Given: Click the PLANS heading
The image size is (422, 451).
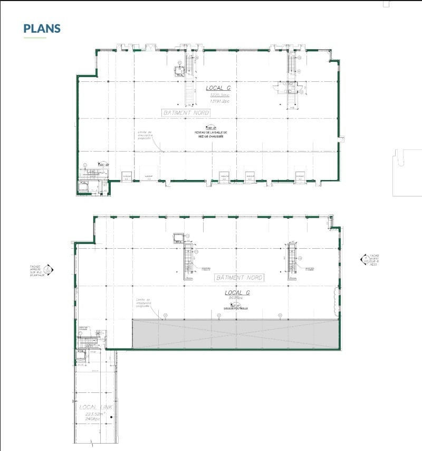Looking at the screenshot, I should click(42, 29).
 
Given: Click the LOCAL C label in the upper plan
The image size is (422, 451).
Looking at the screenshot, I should click(218, 88).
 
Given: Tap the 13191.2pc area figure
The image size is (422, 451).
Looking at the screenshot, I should click(220, 100).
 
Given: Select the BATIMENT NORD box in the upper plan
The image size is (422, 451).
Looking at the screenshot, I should click(185, 113).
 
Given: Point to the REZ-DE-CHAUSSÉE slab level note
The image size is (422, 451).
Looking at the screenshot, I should click(210, 134).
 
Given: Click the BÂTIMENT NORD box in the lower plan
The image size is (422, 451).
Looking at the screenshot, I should click(238, 278).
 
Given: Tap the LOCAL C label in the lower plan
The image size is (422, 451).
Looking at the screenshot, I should click(237, 293).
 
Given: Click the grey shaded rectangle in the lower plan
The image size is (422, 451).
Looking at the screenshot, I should click(235, 334).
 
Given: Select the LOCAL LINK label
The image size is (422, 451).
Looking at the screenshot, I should click(95, 408).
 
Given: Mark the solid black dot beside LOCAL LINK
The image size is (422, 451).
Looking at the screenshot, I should click(111, 417).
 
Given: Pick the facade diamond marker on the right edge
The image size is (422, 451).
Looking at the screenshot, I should click(364, 259).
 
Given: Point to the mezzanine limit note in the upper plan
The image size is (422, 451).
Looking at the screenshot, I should click(143, 135).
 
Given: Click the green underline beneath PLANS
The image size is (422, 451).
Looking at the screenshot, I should click(35, 38).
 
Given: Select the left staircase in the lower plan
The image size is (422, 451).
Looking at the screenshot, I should click(187, 260).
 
